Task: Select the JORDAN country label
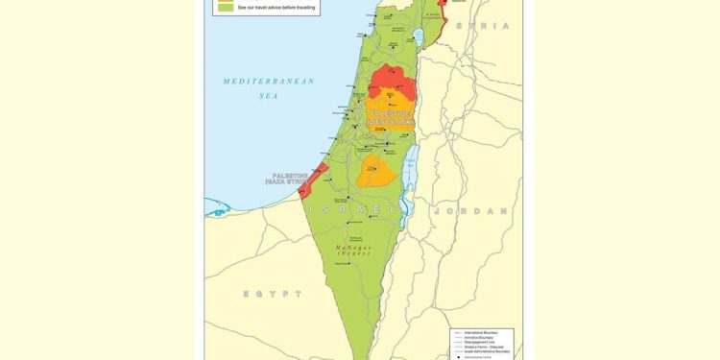[470, 210]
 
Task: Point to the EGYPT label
[272, 294]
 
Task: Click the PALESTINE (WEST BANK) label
[391, 118]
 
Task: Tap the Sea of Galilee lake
[418, 37]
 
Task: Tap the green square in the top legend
[226, 7]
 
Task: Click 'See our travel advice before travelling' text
[276, 7]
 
